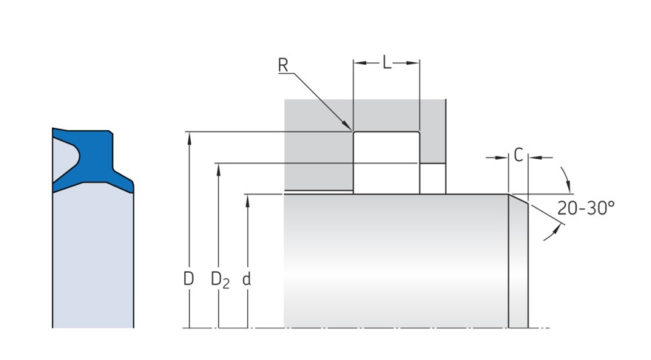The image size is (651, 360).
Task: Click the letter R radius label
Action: point(283,65)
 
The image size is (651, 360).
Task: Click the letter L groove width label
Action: point(386,63)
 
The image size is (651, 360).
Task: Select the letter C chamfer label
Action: point(519,156)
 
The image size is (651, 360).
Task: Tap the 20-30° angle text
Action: point(586,208)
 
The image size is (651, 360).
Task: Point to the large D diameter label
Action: point(189,279)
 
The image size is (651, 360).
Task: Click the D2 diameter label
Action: point(220,280)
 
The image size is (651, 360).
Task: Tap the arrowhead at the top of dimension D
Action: point(189,137)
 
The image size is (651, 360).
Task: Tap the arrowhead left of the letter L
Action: point(358,64)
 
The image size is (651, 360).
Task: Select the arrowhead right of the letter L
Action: point(415,64)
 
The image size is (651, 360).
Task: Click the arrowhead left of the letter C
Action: point(504,157)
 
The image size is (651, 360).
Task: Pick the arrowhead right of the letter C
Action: point(533,157)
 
